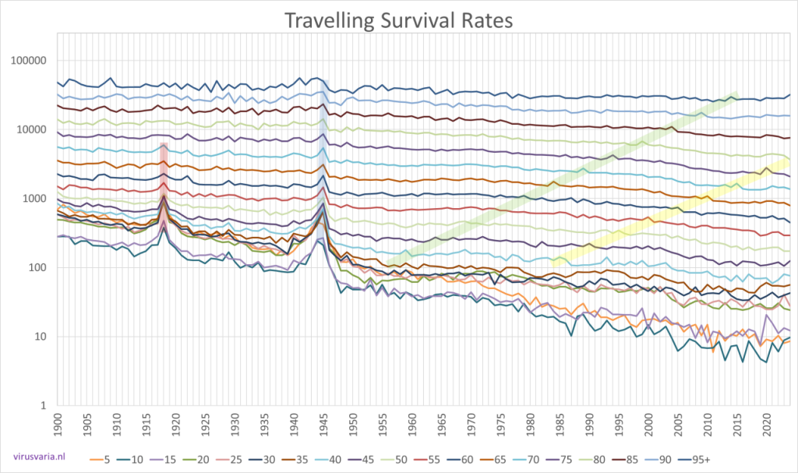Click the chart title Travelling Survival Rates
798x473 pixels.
click(x=399, y=19)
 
